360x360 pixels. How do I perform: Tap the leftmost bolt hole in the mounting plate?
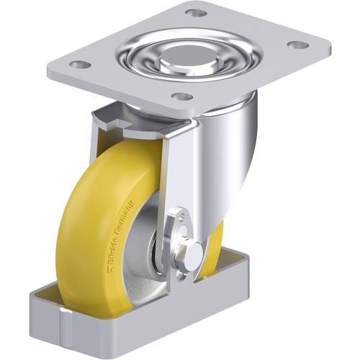coord(81,65)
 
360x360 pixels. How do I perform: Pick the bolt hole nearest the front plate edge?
coord(184,96)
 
